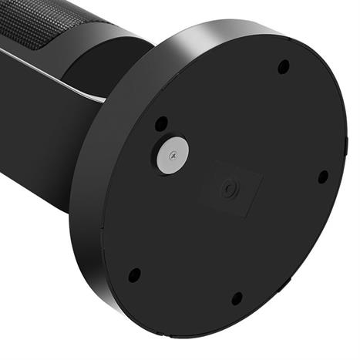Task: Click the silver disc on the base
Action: coord(170,156)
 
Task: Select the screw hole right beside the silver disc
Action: coord(161,123)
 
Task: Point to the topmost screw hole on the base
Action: coord(284,66)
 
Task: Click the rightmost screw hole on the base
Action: coord(323,177)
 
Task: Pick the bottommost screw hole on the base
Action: coord(237,298)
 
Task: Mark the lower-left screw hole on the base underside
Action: coord(134,274)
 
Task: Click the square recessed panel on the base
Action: coord(230,187)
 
